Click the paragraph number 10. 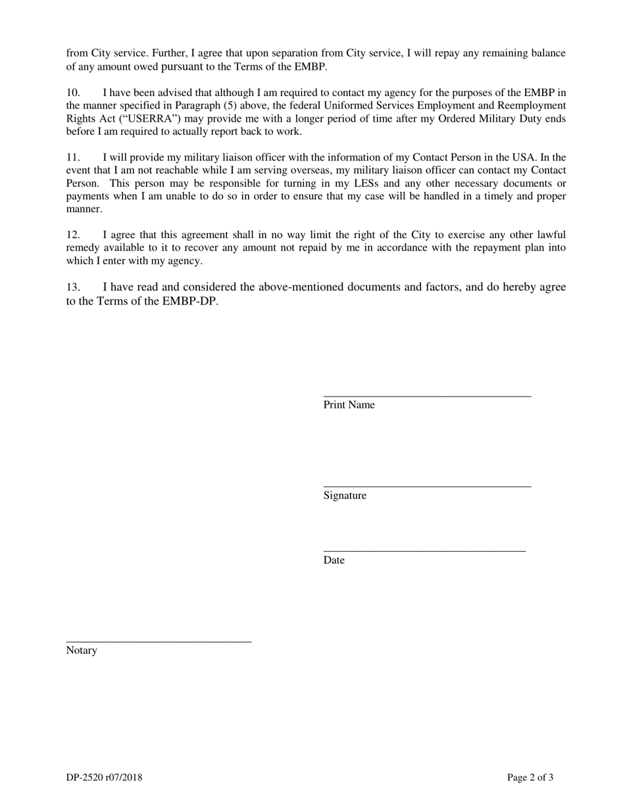tap(73, 93)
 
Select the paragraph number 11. tap(73, 157)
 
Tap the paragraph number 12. tap(73, 235)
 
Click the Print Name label tap(349, 405)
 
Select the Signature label tap(345, 496)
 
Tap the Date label tap(334, 560)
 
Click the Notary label tap(82, 650)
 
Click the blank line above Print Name tap(427, 395)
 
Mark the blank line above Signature tap(427, 486)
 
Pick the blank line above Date tap(424, 551)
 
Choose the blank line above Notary tap(159, 641)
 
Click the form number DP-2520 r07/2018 tap(104, 778)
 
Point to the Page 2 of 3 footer tap(530, 778)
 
